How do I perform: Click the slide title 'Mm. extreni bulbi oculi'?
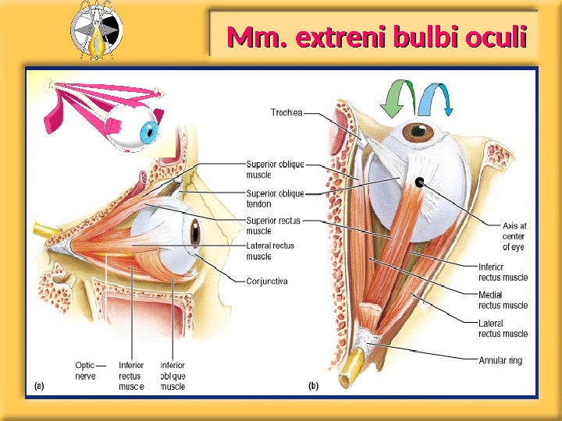[375, 36]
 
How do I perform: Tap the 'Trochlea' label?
[286, 113]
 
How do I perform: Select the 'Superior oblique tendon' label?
[275, 198]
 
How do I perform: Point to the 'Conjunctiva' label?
[267, 281]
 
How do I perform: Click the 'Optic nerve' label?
[85, 370]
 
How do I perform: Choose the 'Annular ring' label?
[500, 361]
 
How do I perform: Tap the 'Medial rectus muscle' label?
[502, 300]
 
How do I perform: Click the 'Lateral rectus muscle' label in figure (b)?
[502, 328]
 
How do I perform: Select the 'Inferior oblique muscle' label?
[173, 375]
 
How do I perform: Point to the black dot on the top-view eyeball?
[420, 184]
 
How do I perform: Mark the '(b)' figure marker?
[313, 385]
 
